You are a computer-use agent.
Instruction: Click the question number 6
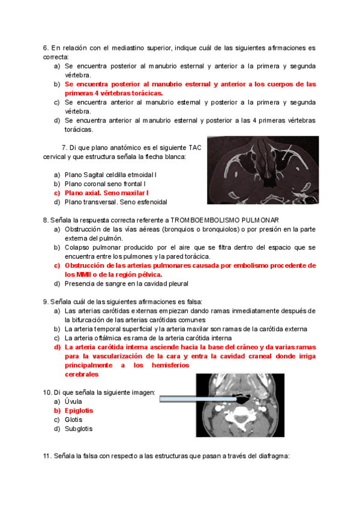click(46, 47)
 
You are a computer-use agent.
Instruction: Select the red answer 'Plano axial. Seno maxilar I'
click(107, 193)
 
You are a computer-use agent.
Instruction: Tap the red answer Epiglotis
click(79, 411)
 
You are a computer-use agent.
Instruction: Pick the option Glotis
click(74, 420)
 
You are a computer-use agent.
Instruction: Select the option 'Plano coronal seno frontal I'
click(106, 184)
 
